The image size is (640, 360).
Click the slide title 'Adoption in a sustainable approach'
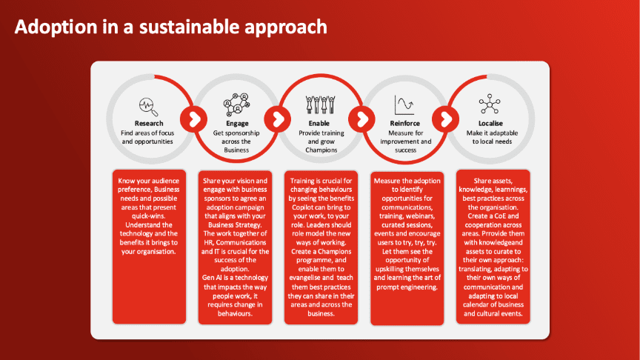click(171, 27)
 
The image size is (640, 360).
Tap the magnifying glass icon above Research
click(148, 107)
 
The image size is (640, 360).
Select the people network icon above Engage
click(236, 104)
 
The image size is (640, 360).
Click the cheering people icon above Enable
click(321, 104)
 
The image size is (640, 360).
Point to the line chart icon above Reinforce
click(404, 105)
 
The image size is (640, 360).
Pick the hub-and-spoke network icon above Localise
click(490, 104)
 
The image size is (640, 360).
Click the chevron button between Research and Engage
click(194, 119)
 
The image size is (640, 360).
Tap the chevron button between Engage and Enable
click(278, 119)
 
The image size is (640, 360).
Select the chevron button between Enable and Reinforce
click(361, 119)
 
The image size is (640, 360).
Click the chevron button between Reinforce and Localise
click(446, 119)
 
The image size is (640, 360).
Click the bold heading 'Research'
click(149, 123)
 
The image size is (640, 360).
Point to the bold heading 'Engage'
click(237, 123)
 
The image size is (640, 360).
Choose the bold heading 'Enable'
click(319, 123)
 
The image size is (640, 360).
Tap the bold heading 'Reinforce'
click(405, 123)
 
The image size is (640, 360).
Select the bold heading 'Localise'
click(490, 123)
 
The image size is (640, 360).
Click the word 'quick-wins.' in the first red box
click(149, 216)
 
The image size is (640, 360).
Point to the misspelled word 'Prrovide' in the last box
click(498, 233)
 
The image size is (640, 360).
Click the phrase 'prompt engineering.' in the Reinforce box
click(407, 287)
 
